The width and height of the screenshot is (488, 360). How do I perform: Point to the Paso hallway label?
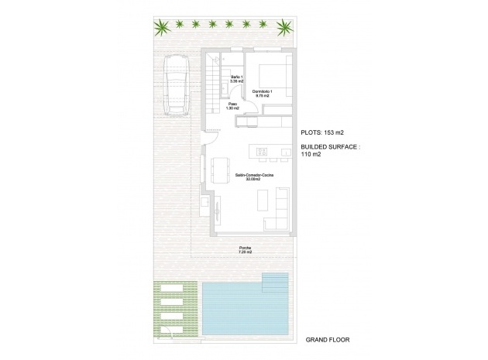pyautogui.click(x=232, y=106)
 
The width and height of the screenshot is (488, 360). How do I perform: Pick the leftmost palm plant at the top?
pyautogui.click(x=164, y=29)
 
